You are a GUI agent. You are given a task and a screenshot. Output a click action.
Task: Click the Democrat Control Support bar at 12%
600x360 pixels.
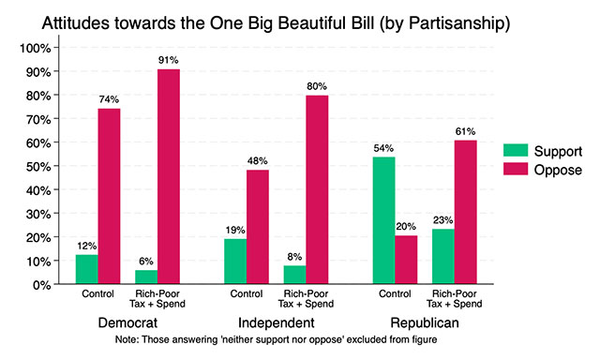coord(86,269)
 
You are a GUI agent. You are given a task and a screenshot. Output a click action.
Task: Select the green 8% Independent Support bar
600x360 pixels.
coord(292,275)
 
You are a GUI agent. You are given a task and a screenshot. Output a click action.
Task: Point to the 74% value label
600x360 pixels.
coord(109,98)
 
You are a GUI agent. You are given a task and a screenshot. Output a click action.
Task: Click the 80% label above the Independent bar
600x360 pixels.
coord(316,84)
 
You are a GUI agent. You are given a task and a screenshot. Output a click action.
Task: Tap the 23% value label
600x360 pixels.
coord(442,218)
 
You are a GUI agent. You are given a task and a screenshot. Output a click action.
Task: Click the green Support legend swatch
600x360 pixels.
coord(515,151)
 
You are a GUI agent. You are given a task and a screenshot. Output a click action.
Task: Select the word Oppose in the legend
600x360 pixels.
coord(559,171)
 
